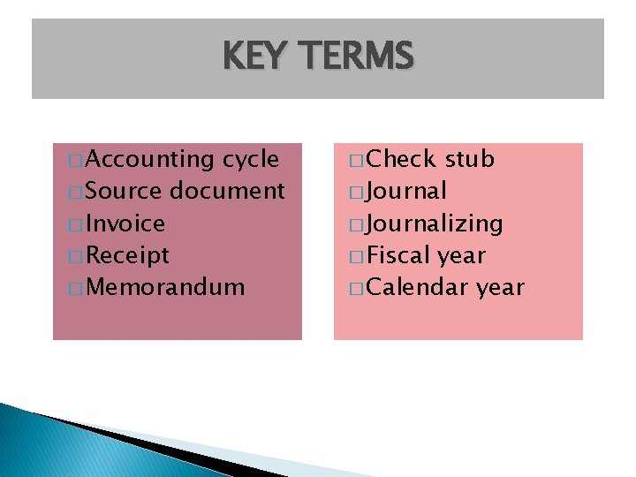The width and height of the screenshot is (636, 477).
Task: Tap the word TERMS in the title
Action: pyautogui.click(x=357, y=57)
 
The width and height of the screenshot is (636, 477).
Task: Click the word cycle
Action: pyautogui.click(x=251, y=159)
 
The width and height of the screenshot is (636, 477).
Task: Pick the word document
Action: pyautogui.click(x=227, y=191)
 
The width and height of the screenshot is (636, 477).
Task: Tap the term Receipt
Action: pyautogui.click(x=129, y=256)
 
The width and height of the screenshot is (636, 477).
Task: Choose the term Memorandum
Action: pyautogui.click(x=166, y=287)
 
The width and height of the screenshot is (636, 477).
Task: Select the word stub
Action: pyautogui.click(x=469, y=159)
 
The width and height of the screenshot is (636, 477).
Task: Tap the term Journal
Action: pyautogui.click(x=407, y=191)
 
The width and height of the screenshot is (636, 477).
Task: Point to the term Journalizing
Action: pyautogui.click(x=435, y=224)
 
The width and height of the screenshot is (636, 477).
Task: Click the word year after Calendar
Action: pyautogui.click(x=500, y=288)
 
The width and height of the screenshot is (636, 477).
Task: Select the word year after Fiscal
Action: pyautogui.click(x=461, y=256)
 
